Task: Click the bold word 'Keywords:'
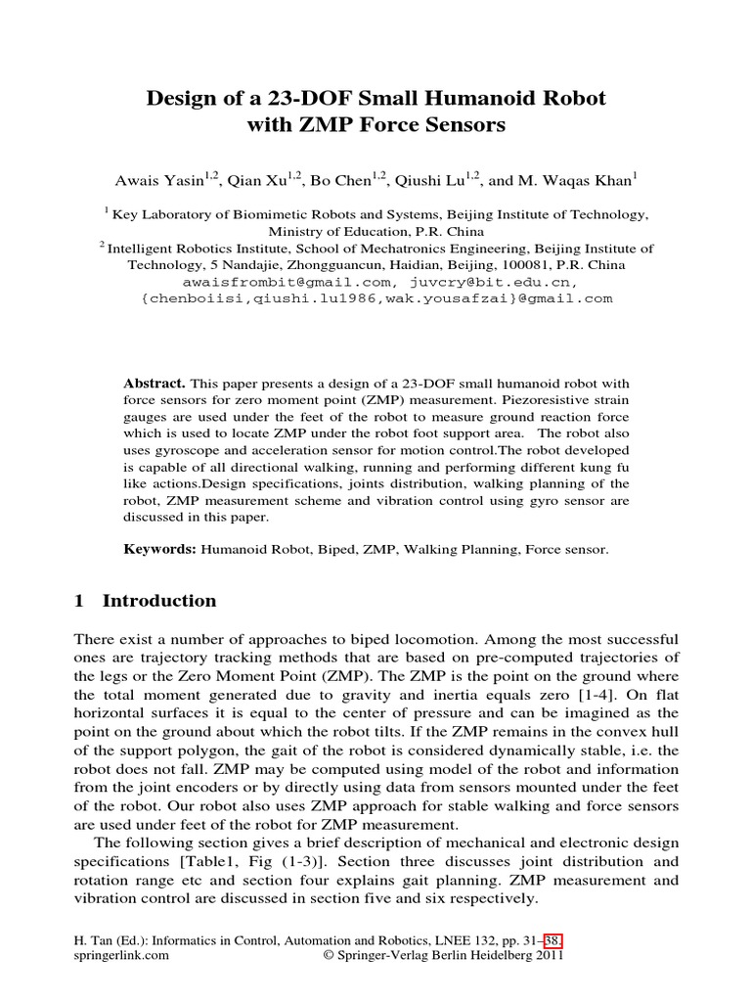[x=160, y=550]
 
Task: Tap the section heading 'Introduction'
[x=159, y=601]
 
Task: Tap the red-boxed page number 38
[x=554, y=940]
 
